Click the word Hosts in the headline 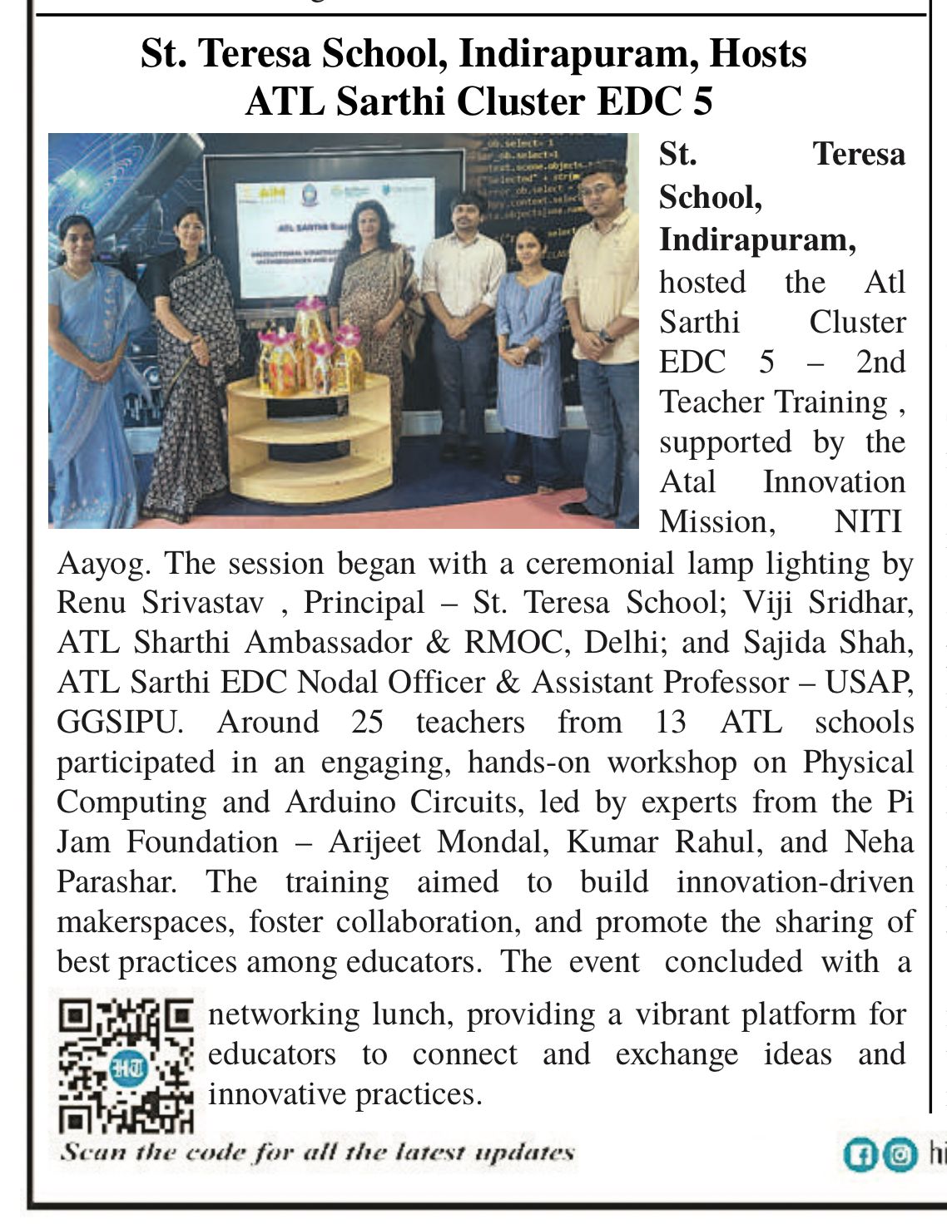(758, 54)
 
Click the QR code (125, 1065)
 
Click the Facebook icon (858, 1155)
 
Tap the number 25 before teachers (367, 722)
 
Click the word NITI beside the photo (869, 521)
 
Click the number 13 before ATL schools (670, 722)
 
